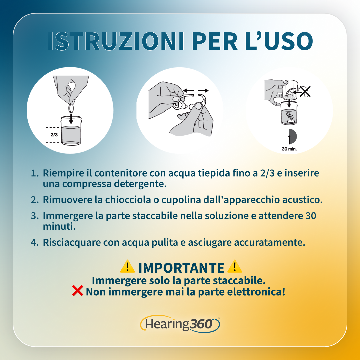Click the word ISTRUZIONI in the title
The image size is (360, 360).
(x=116, y=41)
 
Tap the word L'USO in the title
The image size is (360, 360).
(x=279, y=41)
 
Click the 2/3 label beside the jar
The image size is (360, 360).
(x=54, y=135)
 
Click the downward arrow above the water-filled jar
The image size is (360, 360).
(x=71, y=118)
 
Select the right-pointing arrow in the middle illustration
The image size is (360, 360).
(x=203, y=90)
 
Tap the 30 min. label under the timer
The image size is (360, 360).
(x=289, y=149)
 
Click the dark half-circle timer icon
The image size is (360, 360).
(x=293, y=136)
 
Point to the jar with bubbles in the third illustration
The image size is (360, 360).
(x=289, y=114)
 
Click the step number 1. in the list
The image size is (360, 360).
(x=35, y=173)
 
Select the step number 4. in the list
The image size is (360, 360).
(x=35, y=243)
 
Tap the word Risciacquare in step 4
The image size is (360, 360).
(x=72, y=243)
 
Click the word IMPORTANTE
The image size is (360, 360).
(x=181, y=268)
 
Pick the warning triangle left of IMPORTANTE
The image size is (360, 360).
(x=127, y=266)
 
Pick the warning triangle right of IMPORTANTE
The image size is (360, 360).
(x=234, y=266)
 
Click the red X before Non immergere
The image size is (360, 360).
(x=78, y=291)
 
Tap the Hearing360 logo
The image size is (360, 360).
(x=180, y=324)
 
